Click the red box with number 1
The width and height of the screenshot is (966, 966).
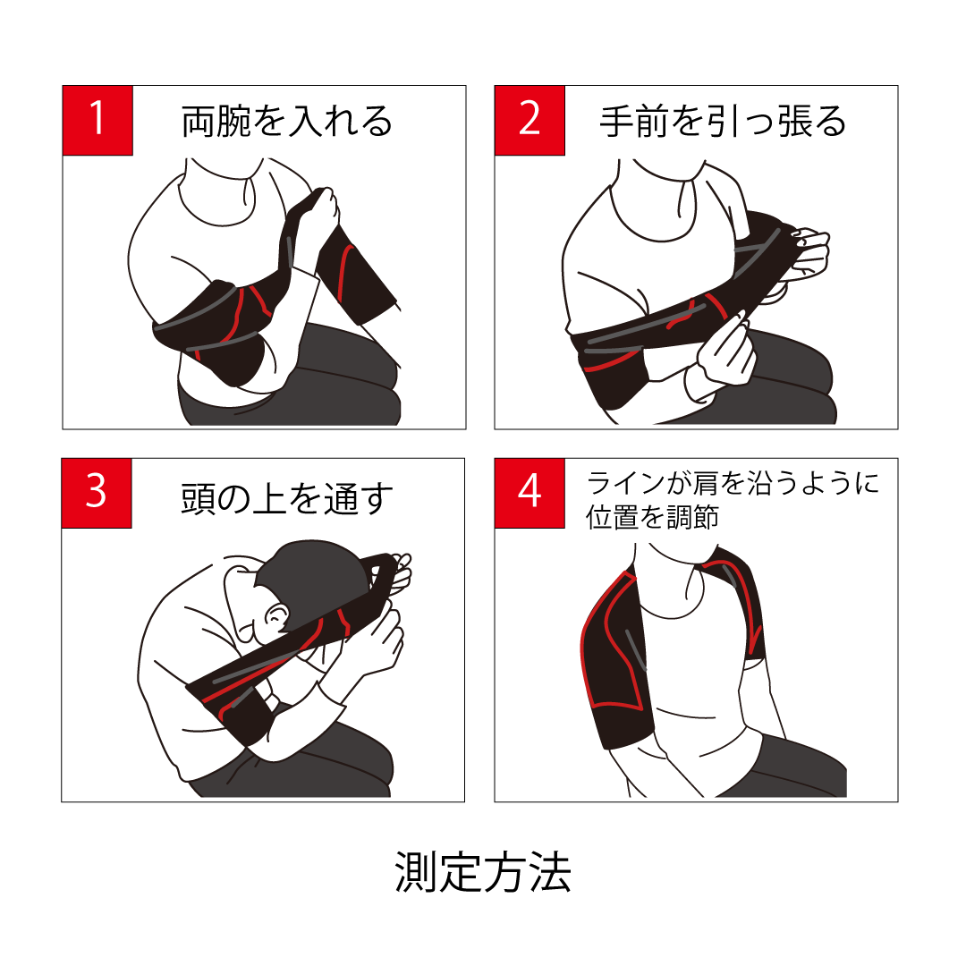97,120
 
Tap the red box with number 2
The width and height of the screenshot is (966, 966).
530,120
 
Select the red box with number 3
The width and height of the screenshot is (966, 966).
97,493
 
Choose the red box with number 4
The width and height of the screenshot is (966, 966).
530,493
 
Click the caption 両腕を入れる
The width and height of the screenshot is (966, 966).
287,121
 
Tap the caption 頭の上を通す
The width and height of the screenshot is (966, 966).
287,498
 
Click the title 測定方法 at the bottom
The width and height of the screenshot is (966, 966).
483,872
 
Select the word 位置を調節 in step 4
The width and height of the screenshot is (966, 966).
652,517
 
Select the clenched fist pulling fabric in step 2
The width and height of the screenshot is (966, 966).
809,252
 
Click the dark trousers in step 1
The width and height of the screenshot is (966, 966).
308,382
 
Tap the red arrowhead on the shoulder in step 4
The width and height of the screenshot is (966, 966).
754,640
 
